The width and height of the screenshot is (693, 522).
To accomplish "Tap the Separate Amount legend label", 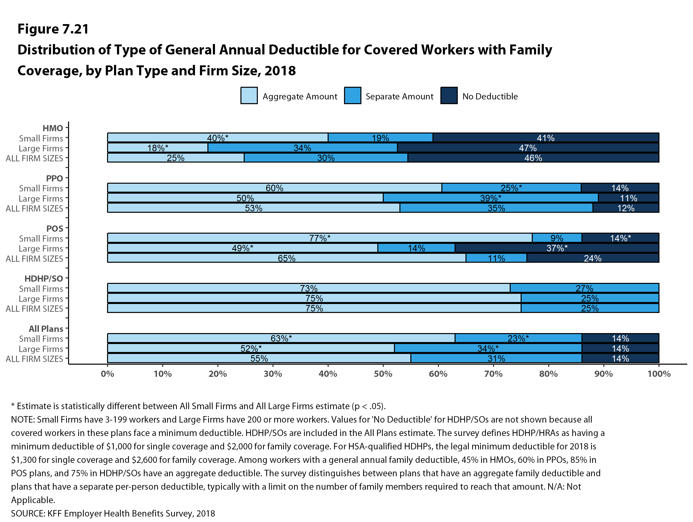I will click(x=399, y=96).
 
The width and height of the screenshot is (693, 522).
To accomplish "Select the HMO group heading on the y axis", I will click(x=53, y=128).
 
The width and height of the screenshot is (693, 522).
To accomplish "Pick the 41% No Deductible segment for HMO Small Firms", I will click(x=546, y=138).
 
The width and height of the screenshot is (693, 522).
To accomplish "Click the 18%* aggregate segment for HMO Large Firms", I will click(x=157, y=148).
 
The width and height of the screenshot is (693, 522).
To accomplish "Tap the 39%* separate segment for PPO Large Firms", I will click(x=491, y=198).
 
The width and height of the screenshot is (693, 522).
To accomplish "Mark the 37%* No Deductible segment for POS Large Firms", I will click(x=557, y=248).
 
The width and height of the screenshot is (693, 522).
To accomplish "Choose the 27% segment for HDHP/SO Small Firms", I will click(x=584, y=288).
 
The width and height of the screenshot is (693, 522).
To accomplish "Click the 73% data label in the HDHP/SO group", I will click(x=308, y=288).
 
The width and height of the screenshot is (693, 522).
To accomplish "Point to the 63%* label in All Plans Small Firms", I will click(x=281, y=339).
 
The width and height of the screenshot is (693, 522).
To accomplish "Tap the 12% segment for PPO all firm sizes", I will click(x=626, y=208).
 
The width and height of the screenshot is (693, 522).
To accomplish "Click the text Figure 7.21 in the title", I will click(x=53, y=29).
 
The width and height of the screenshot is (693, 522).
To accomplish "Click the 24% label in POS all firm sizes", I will click(x=592, y=258).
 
